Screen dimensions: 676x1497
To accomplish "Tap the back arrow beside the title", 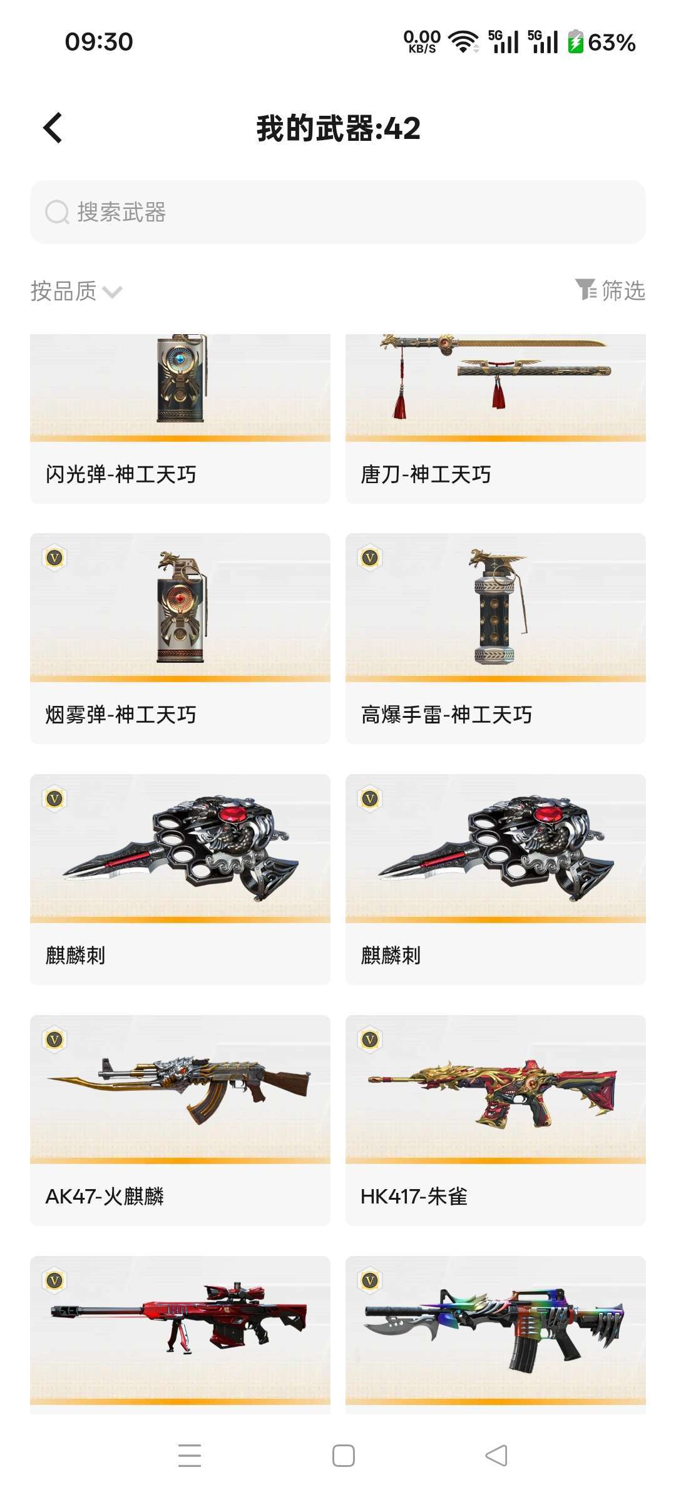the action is click(x=53, y=128).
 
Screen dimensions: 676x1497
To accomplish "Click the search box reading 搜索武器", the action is click(x=338, y=212).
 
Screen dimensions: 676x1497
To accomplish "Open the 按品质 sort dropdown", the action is click(x=76, y=291).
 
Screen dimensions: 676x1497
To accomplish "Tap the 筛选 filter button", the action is click(x=610, y=290).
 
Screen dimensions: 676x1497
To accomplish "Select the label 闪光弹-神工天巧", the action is click(x=121, y=474).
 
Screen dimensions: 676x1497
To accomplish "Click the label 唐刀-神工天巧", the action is click(x=426, y=474).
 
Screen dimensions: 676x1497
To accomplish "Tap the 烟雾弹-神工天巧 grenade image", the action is click(x=181, y=606).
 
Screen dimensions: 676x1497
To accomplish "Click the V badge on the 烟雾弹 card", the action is click(x=55, y=558).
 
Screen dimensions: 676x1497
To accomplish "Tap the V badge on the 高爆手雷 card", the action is click(x=371, y=558).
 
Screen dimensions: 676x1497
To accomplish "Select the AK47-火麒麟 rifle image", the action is click(x=180, y=1090).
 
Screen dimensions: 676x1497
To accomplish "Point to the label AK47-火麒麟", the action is click(x=105, y=1197).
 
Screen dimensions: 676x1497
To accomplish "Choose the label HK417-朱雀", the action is click(x=414, y=1197).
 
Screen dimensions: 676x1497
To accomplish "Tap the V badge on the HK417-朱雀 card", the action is click(x=371, y=1040).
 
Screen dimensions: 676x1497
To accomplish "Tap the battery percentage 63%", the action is click(x=612, y=43).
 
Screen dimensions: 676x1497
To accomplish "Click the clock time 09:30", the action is click(x=99, y=42).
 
